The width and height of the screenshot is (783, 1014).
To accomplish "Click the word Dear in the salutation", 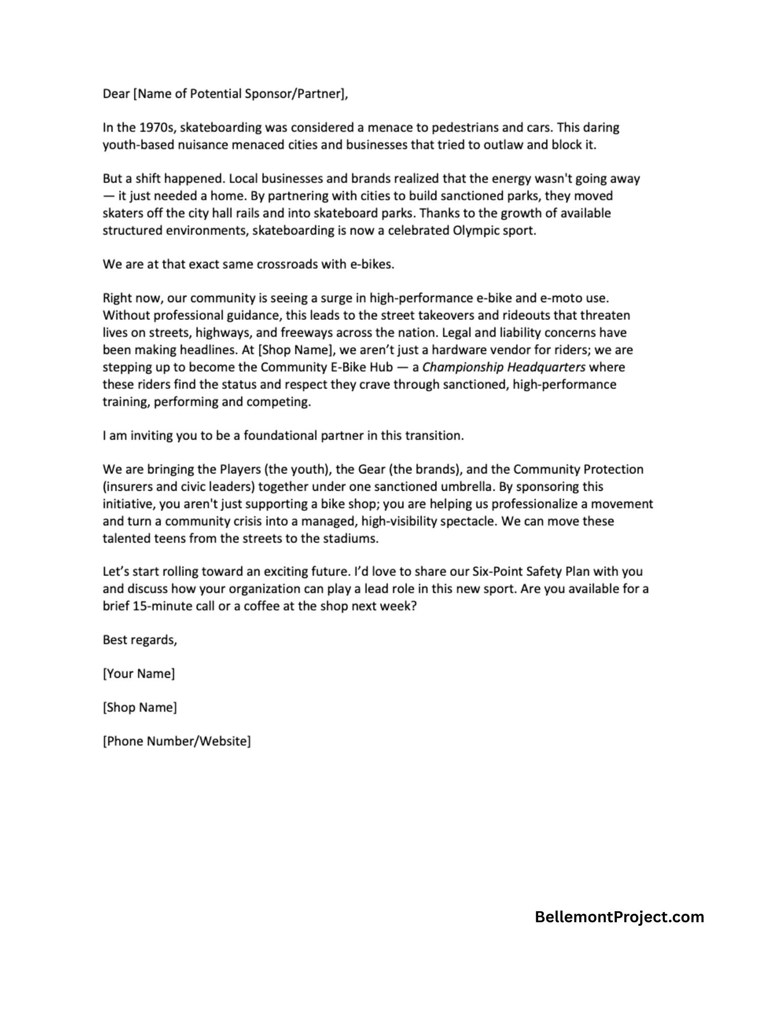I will [x=116, y=94].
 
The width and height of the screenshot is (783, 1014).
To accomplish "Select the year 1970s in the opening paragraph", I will [x=150, y=128].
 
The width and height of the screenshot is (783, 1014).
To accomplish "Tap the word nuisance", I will [x=201, y=145].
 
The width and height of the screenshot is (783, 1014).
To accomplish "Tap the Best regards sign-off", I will [x=140, y=640].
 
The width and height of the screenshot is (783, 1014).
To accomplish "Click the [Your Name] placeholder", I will [x=138, y=674].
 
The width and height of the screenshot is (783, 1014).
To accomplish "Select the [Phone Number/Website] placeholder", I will [x=176, y=742].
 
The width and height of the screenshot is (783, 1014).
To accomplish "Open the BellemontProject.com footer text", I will [x=619, y=917].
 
